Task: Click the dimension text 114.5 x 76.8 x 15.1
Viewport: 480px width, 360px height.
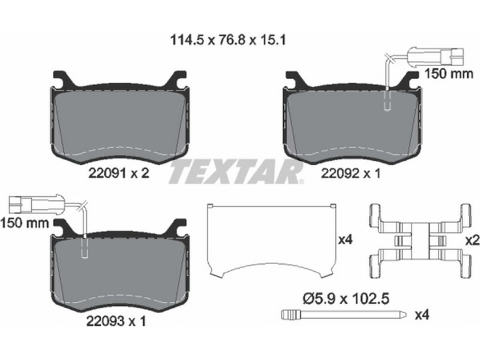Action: coord(227,40)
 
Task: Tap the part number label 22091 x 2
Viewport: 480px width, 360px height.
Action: coord(119,173)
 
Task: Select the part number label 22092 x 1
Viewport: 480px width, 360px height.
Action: coord(351,173)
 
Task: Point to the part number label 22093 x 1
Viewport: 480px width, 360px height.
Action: coord(116,321)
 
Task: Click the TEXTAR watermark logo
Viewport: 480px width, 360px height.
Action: coord(236,172)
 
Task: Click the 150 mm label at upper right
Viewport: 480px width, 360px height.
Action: coord(448,74)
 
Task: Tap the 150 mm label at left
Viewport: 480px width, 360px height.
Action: coord(25,223)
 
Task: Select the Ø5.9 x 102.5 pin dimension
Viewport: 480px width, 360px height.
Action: coord(346,298)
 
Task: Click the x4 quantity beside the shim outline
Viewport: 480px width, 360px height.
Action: coord(346,240)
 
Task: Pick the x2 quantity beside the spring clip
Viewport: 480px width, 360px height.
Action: coord(472,241)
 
